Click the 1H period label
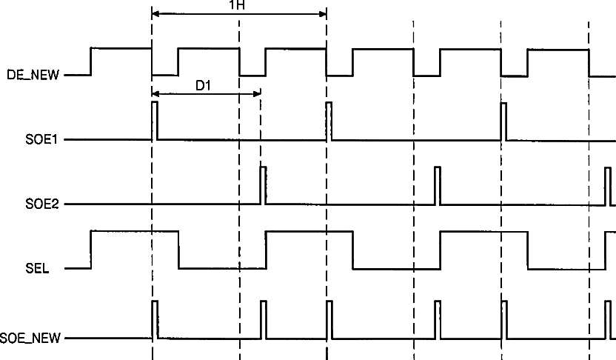click(238, 5)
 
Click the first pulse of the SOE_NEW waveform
click(154, 319)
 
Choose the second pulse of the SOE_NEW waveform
click(263, 319)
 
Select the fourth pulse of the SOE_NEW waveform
click(438, 319)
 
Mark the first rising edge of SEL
click(90, 250)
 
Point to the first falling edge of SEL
click(178, 250)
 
